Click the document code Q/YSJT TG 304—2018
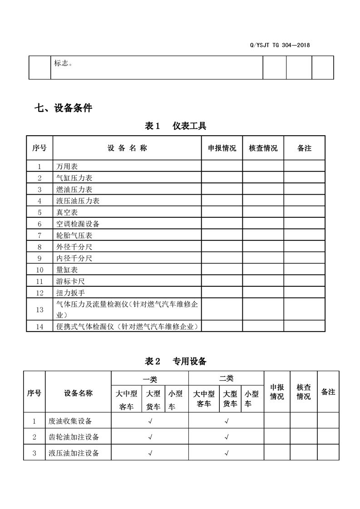(x=280, y=45)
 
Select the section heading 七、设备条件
(x=63, y=108)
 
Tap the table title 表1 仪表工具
(x=175, y=126)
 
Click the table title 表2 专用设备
(x=175, y=361)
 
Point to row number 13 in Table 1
(x=39, y=309)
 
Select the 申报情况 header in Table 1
(x=222, y=148)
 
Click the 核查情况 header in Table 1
(x=263, y=148)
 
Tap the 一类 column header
(x=150, y=379)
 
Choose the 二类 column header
(x=226, y=378)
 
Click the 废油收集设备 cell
(x=70, y=421)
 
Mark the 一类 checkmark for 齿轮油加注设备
(x=150, y=437)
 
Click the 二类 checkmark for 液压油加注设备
(x=226, y=453)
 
